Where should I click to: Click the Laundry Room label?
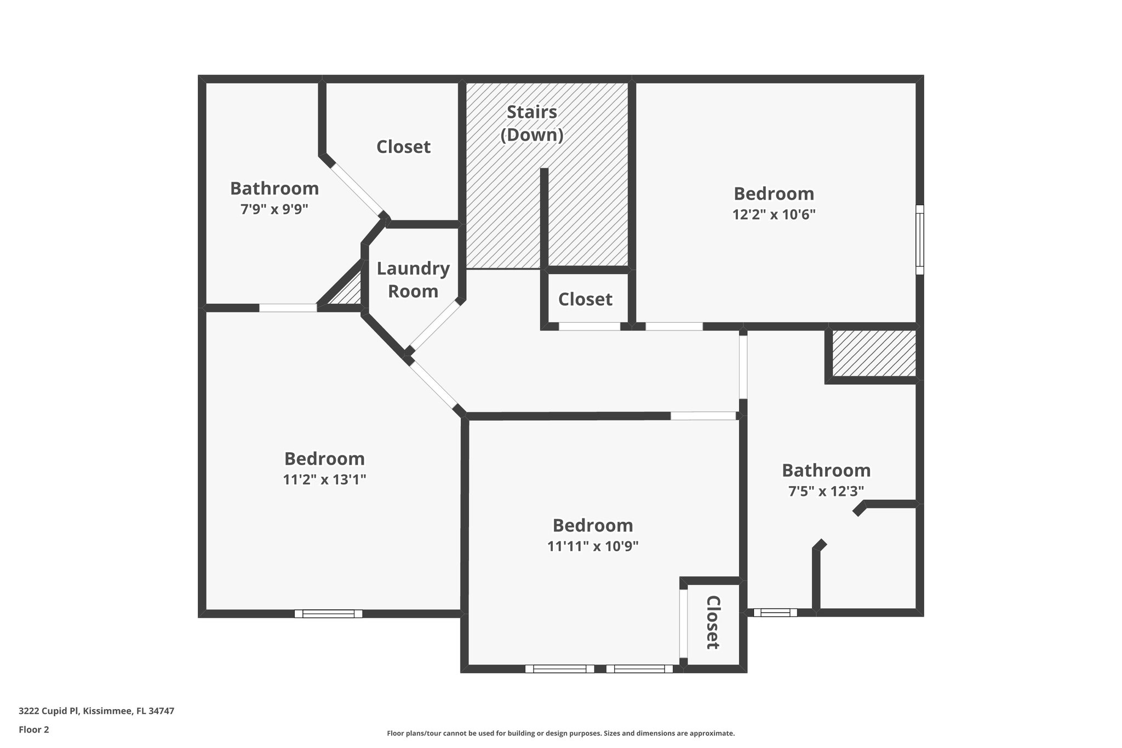[413, 279]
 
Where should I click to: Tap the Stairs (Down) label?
[532, 123]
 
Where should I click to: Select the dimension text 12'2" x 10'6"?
[774, 214]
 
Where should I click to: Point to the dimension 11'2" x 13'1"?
[324, 479]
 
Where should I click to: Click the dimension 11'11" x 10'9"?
[593, 546]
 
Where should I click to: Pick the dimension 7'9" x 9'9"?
[274, 209]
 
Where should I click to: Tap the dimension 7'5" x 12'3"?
[826, 491]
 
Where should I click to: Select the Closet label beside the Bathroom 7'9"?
[403, 147]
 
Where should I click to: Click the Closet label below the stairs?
[585, 299]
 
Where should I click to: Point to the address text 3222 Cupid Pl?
[96, 711]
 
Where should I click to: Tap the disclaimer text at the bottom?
[560, 733]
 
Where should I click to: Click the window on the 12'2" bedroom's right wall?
[920, 239]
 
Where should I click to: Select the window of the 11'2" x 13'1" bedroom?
[328, 614]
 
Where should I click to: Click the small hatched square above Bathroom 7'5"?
[874, 353]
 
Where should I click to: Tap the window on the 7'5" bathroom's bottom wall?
[775, 613]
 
